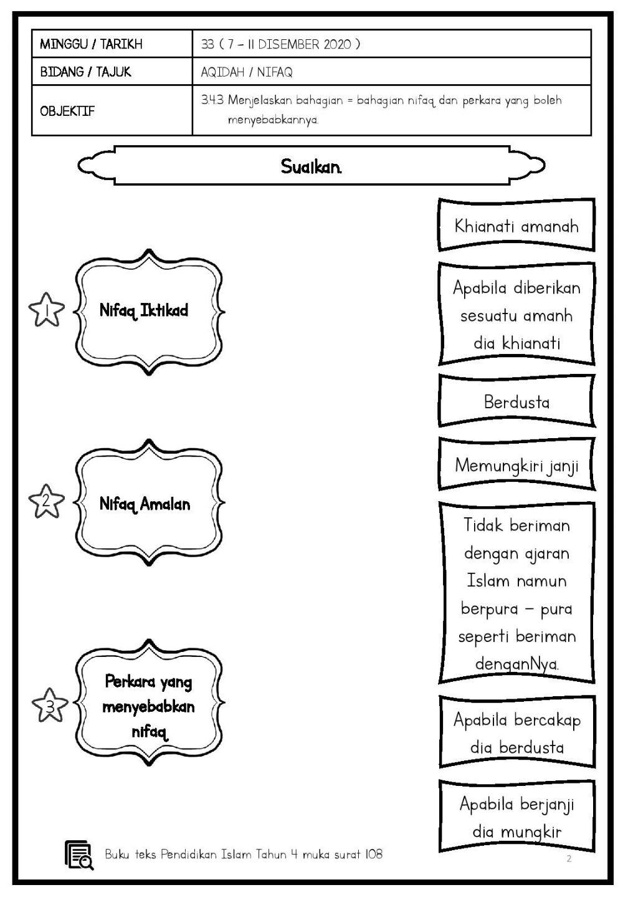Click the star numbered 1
(47, 310)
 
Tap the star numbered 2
(47, 502)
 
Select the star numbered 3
(49, 705)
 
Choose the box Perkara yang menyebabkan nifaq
(148, 706)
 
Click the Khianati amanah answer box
(516, 226)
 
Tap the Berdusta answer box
(516, 402)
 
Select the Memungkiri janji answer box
(516, 465)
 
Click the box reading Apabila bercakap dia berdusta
(516, 733)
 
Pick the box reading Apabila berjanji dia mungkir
(516, 816)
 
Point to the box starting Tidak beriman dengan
(516, 593)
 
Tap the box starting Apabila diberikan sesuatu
(516, 315)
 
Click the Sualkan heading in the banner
(311, 166)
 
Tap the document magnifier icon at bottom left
(79, 855)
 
